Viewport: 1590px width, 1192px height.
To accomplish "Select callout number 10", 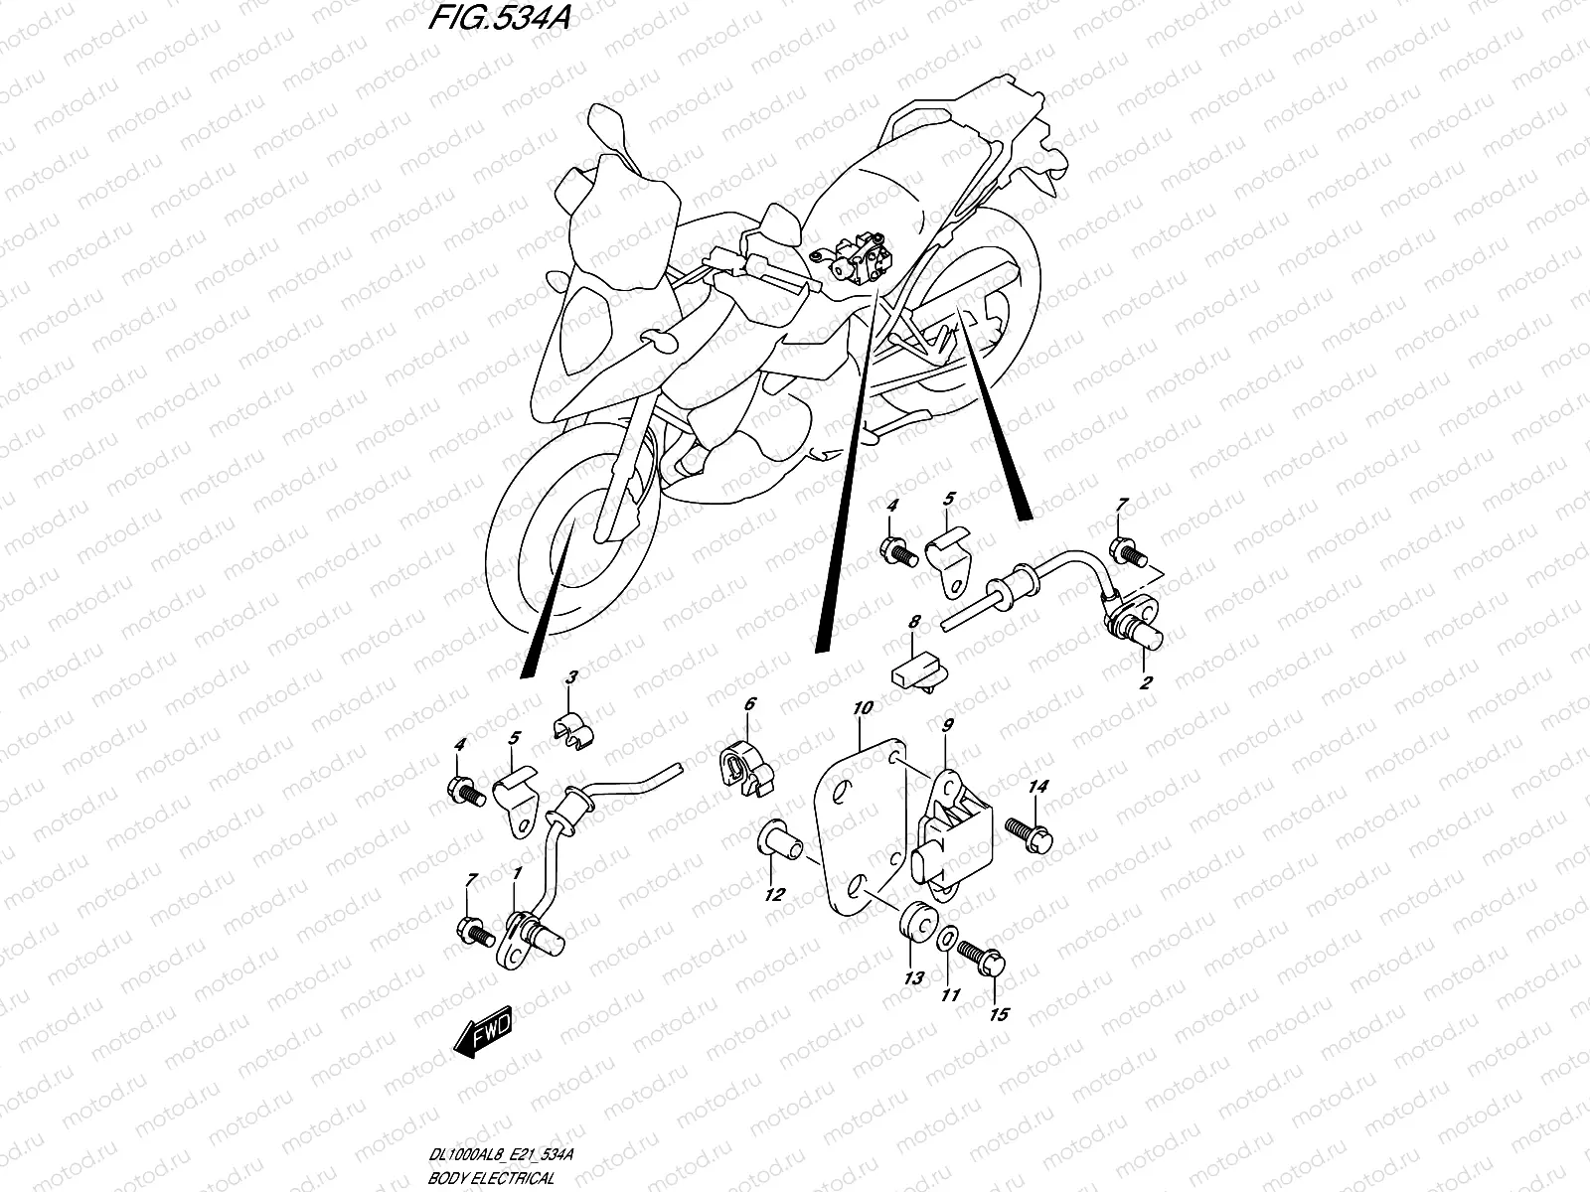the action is pos(862,708).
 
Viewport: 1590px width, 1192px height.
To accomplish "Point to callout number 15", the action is pos(999,1014).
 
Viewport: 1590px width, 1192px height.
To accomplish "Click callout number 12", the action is pos(774,895).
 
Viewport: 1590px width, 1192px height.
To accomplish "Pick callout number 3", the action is pos(571,677).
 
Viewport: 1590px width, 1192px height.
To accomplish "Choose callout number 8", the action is pos(914,621).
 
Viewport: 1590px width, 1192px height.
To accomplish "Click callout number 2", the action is pos(1146,682).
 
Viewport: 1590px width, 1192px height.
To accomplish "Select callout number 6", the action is pos(749,704).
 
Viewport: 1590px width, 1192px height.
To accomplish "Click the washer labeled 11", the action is pos(949,936).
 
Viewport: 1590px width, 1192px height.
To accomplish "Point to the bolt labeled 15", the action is pos(988,960).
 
